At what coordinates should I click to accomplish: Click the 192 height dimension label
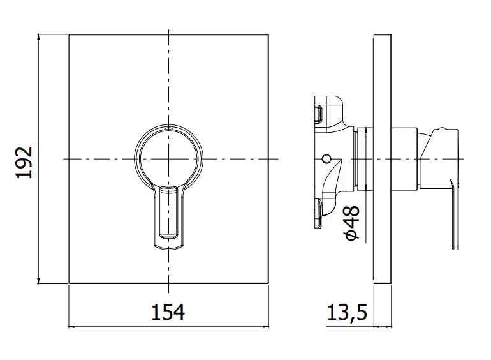coord(24,162)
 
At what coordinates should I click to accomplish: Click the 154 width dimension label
coord(168,312)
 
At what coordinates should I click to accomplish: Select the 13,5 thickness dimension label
coord(347,312)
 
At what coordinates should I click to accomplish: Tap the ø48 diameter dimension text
coord(352,223)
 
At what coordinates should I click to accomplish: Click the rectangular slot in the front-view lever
coord(168,213)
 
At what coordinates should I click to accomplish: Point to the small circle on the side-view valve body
coord(326,159)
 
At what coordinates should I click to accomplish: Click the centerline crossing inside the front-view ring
coord(169,159)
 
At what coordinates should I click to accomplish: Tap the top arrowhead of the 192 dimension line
coord(38,37)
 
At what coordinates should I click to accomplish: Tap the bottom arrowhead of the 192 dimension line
coord(38,280)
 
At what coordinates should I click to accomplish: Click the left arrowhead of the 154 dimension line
coord(71,327)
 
